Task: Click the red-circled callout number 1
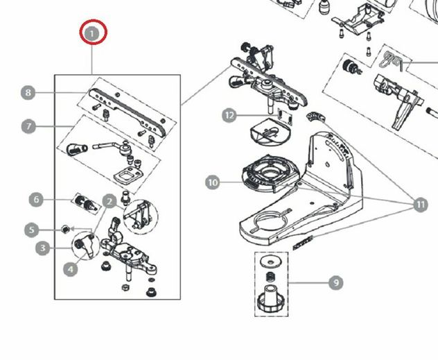92,34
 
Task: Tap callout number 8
28,92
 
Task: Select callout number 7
28,126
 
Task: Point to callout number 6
36,200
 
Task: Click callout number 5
32,230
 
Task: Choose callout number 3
42,248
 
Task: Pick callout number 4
71,269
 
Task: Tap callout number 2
109,201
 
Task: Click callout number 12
229,115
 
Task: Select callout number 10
213,182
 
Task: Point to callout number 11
421,205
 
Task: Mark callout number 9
336,282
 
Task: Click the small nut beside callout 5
65,230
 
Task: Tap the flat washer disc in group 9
270,262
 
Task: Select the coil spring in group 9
270,277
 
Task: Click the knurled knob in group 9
270,300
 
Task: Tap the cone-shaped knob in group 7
76,148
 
